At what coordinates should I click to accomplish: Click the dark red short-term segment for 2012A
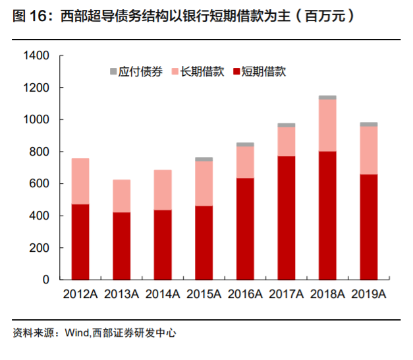pyautogui.click(x=80, y=242)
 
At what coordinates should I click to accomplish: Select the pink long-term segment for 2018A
pyautogui.click(x=327, y=125)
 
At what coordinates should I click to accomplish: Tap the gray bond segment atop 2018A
pyautogui.click(x=327, y=98)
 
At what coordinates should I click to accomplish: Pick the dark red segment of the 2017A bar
pyautogui.click(x=286, y=218)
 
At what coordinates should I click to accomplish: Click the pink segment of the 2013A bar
pyautogui.click(x=121, y=196)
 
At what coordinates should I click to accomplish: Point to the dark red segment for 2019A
pyautogui.click(x=368, y=227)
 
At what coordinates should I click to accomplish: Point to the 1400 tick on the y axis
pyautogui.click(x=37, y=56)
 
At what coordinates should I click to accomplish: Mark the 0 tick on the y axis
pyautogui.click(x=47, y=280)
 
